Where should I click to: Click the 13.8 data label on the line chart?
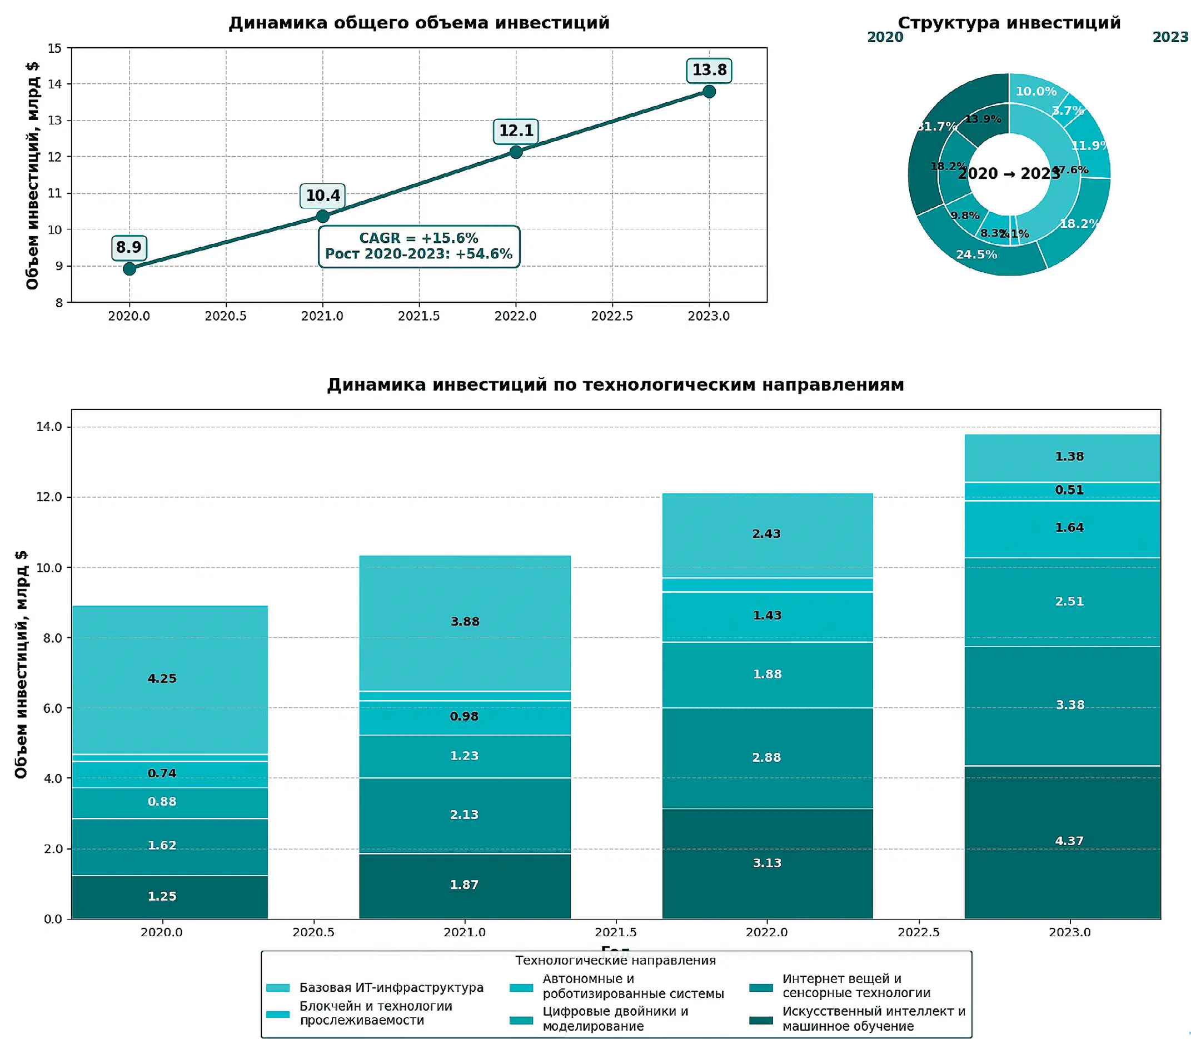coord(709,70)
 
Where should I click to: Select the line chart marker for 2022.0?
coord(516,152)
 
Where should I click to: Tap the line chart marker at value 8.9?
coord(129,268)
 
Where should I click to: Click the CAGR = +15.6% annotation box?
coord(418,246)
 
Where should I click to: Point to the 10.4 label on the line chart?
coord(322,196)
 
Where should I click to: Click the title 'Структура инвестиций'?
coord(1009,23)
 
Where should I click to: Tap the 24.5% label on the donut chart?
coord(976,254)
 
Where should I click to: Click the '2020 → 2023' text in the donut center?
coord(1009,174)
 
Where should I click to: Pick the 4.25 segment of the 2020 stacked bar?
coord(162,678)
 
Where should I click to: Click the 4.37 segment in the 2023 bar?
coord(1069,841)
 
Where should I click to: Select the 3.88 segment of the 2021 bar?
coord(465,622)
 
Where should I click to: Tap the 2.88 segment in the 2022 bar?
coord(766,757)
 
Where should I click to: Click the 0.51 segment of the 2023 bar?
coord(1069,491)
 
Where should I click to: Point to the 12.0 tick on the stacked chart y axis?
coord(49,497)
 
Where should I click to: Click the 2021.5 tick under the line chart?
coord(418,316)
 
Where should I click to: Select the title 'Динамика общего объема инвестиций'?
coord(418,23)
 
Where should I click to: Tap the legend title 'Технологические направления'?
coord(615,961)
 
